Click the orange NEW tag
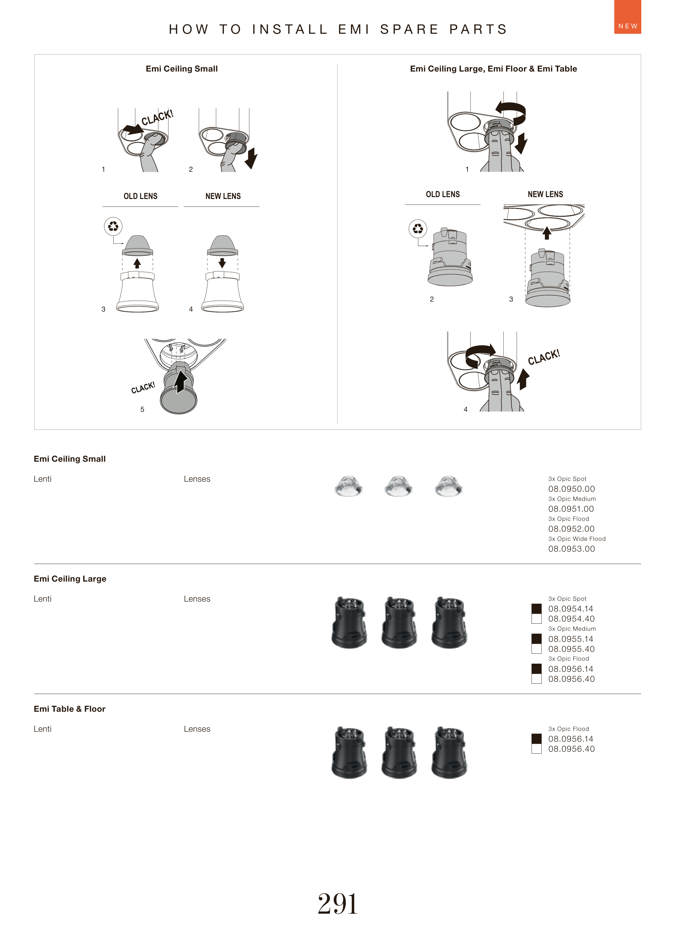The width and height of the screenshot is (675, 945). coord(628,17)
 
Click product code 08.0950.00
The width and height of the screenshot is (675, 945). coord(572,489)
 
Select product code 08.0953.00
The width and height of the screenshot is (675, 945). coord(572,549)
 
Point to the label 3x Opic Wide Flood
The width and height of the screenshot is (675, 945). coord(577,539)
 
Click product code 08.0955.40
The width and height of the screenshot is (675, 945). coord(572,649)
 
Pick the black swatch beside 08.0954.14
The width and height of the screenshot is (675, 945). coord(536,609)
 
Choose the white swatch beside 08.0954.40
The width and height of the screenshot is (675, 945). coord(536,619)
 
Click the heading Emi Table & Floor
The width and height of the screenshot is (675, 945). coord(69,708)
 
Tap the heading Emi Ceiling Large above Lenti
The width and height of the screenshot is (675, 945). coord(70,578)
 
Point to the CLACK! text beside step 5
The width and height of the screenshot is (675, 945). coord(143,387)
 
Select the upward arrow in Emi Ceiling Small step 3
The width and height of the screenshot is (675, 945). coord(137,264)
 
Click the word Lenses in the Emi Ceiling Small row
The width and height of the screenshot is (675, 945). coord(197,479)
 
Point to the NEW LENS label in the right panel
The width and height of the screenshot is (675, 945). coord(545,194)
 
